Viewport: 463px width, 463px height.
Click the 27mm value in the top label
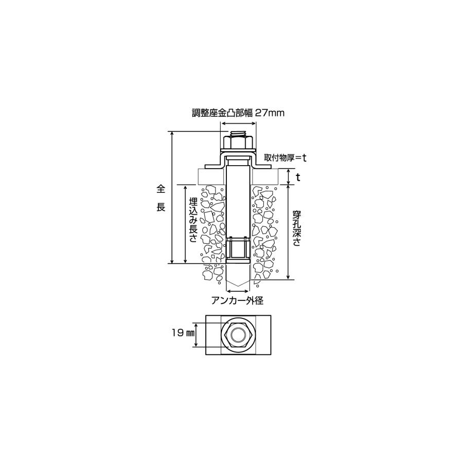269,113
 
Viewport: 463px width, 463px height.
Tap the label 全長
161,198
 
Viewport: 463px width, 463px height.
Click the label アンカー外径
237,300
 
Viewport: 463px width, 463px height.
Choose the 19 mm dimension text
183,333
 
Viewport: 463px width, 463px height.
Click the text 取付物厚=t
285,158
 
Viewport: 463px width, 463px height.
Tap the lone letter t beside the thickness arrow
298,177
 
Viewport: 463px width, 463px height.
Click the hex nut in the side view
238,143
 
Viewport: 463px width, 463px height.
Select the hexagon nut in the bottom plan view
238,334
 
